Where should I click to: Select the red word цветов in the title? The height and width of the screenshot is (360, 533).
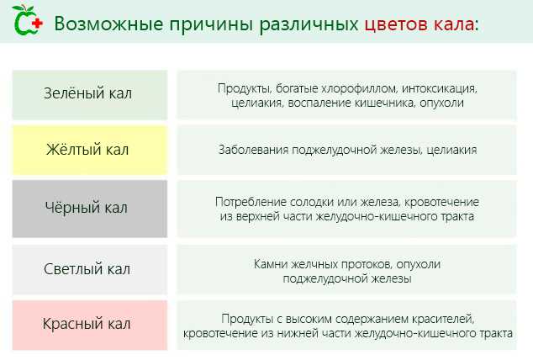396,23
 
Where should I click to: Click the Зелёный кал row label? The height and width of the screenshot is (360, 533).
88,93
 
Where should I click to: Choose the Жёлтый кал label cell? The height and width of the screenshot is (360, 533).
88,150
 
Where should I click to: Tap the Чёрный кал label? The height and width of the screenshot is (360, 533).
88,206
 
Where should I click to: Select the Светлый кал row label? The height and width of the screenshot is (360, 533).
88,270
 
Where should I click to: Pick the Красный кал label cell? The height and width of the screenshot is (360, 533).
88,324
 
